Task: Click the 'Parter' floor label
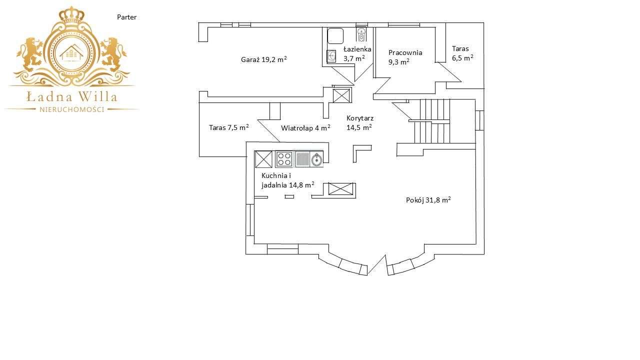(127, 17)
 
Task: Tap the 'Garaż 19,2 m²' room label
(263, 59)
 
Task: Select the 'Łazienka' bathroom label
(357, 49)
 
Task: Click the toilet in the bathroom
(361, 34)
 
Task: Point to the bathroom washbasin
(331, 56)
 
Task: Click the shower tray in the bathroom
(335, 36)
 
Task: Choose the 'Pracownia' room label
(405, 52)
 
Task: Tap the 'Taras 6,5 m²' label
(462, 53)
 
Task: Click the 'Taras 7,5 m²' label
(228, 127)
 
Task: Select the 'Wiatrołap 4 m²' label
(305, 128)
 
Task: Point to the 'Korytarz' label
(360, 118)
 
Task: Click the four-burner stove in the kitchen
(284, 159)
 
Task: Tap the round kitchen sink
(317, 159)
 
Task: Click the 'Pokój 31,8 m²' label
(428, 200)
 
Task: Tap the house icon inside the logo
(72, 52)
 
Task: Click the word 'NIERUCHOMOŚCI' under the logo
(72, 109)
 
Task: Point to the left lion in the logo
(31, 54)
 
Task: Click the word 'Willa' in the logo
(98, 96)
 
